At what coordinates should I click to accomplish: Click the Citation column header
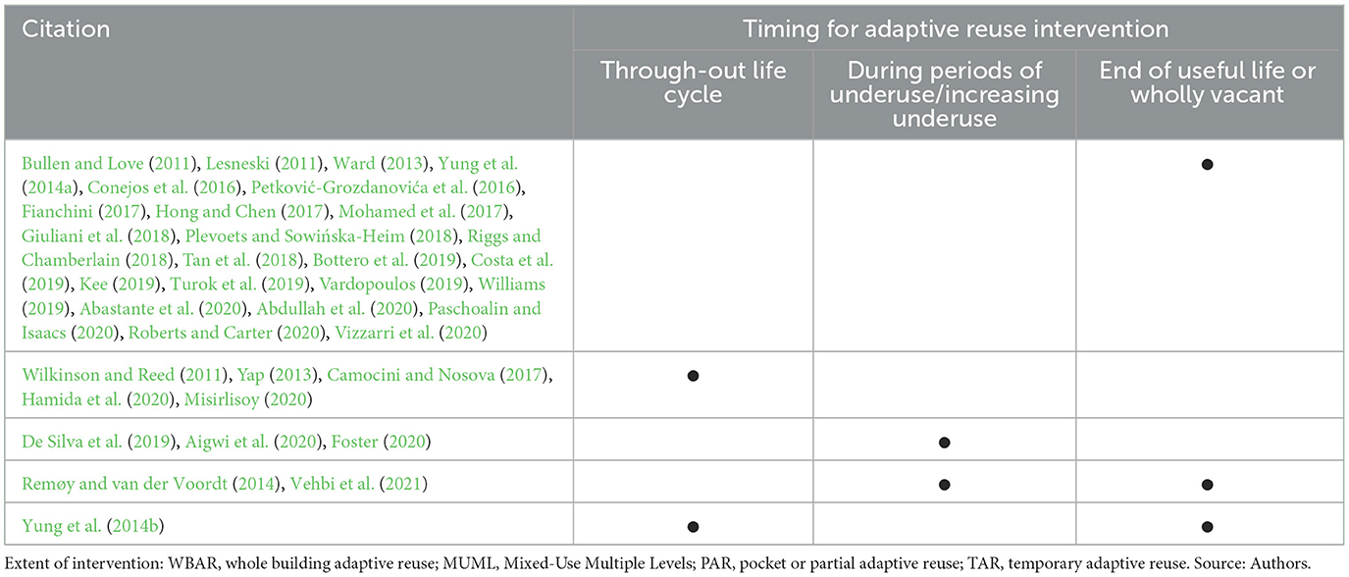coord(66,28)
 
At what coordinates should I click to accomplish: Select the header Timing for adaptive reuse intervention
coord(956,28)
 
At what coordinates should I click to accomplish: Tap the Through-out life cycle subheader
coord(694,82)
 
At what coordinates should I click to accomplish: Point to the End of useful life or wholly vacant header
coord(1208,82)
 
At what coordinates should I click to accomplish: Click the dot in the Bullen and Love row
coord(1208,165)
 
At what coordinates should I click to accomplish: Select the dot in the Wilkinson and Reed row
coord(694,376)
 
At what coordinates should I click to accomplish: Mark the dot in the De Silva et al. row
coord(944,443)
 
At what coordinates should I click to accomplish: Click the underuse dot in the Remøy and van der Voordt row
coord(944,485)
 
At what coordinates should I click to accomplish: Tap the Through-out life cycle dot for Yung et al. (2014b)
coord(694,527)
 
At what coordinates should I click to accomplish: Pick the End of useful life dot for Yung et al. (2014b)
coord(1208,527)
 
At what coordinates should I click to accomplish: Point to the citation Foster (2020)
coord(381,442)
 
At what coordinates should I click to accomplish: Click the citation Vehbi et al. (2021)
coord(359,484)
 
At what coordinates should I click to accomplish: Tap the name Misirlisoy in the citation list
coord(222,399)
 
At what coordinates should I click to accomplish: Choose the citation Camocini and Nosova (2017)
coord(438,375)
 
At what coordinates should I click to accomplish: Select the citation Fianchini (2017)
coord(83,212)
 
